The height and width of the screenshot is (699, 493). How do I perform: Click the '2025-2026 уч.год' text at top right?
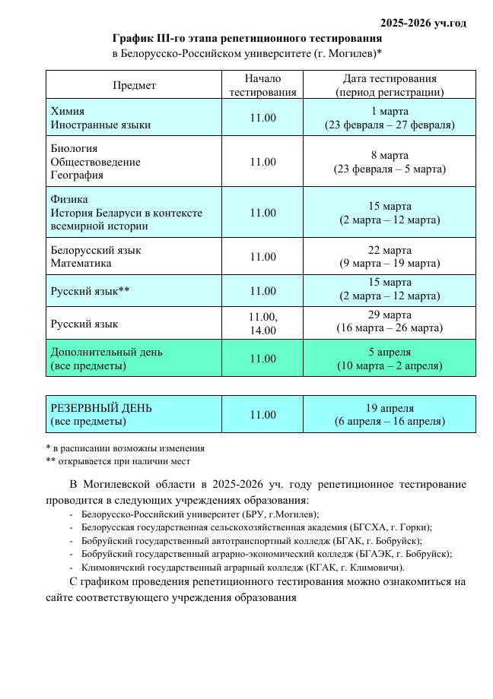point(423,23)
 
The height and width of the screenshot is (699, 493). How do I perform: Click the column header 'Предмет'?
point(134,85)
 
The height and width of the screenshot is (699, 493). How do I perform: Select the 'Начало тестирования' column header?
point(262,85)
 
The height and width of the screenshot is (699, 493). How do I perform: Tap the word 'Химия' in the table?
point(67,111)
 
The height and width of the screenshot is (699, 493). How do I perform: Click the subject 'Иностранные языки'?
point(100,125)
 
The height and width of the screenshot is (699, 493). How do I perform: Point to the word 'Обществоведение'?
point(95,162)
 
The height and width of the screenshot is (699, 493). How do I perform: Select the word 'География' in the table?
point(77,175)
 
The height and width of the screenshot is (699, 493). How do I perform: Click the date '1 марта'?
point(390,111)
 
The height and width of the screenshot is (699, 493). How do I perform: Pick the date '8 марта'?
point(390,155)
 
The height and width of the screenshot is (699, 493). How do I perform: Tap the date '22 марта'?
point(390,250)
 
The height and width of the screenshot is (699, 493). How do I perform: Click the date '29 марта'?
point(390,315)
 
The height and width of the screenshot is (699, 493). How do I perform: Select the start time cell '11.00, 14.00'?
point(262,323)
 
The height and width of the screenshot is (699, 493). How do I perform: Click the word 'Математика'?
point(81,263)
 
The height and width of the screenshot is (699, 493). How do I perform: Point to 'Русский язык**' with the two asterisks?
point(90,291)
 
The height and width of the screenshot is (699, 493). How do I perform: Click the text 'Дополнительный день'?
point(106,352)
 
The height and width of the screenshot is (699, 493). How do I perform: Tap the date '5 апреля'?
point(390,352)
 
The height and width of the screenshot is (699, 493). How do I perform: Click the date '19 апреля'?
point(390,407)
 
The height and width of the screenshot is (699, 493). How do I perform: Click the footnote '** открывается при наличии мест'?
point(118,460)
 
